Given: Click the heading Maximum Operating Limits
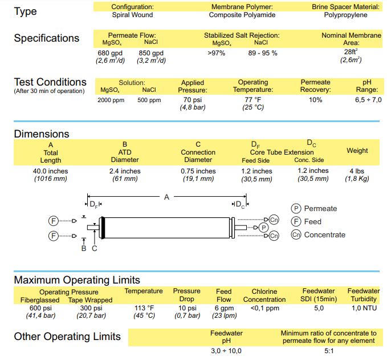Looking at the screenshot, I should pos(77,280).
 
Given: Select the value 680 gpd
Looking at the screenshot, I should pos(110,53).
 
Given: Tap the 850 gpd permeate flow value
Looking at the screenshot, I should pos(151,53).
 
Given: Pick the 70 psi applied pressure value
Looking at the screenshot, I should pos(192,100).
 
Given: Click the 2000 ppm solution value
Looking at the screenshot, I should pos(110,100).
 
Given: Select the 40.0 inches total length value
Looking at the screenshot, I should pos(51,171).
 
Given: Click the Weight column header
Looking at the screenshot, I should pos(357,151).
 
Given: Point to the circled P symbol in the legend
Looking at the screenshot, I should pos(296,209).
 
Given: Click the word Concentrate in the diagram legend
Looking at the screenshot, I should pos(324,234).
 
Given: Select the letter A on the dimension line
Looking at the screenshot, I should pos(167,197).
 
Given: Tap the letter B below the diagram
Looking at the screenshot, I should pos(84,248).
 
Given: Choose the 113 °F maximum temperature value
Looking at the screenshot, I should pos(143,308).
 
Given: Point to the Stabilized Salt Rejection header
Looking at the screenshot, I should pos(242,35).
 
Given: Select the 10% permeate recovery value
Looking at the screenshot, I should pos(315,100).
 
